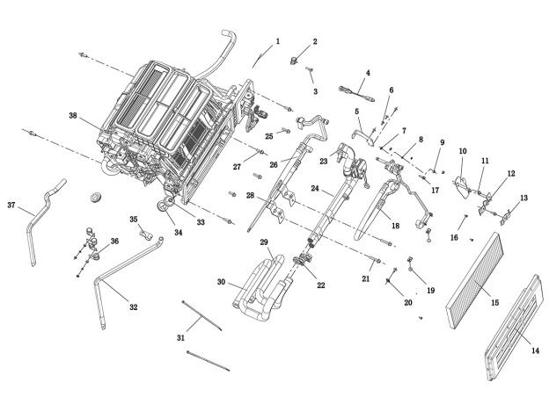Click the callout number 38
pos(73,115)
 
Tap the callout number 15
pos(494,303)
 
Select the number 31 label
pos(180,338)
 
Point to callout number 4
pos(368,73)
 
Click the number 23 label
pos(324,161)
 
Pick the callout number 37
pos(11,205)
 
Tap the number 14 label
pos(535,350)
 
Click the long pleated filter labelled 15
pos(475,280)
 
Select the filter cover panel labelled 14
pos(514,327)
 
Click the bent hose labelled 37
pos(42,217)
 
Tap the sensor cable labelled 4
pos(356,93)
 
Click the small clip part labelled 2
pos(293,60)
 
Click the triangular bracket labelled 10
pos(463,187)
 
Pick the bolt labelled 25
pos(286,131)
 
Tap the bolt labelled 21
pos(375,259)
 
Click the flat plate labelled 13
pos(505,218)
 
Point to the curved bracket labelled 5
pos(363,136)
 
